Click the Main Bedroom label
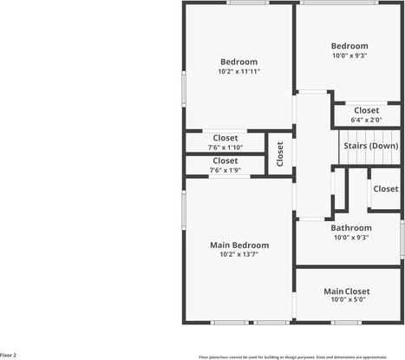[238, 245]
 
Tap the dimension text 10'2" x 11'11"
[238, 71]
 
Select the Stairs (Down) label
[371, 146]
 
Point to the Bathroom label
[350, 228]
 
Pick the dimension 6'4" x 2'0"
[365, 120]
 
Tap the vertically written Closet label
[280, 154]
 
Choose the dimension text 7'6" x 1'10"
[225, 147]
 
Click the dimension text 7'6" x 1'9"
[225, 170]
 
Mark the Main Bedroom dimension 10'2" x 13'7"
[238, 255]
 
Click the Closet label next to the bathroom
[385, 188]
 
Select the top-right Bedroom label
[349, 46]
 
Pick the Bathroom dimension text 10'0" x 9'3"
[350, 237]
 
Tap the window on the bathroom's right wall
[402, 236]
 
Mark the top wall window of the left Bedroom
[247, 3]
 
